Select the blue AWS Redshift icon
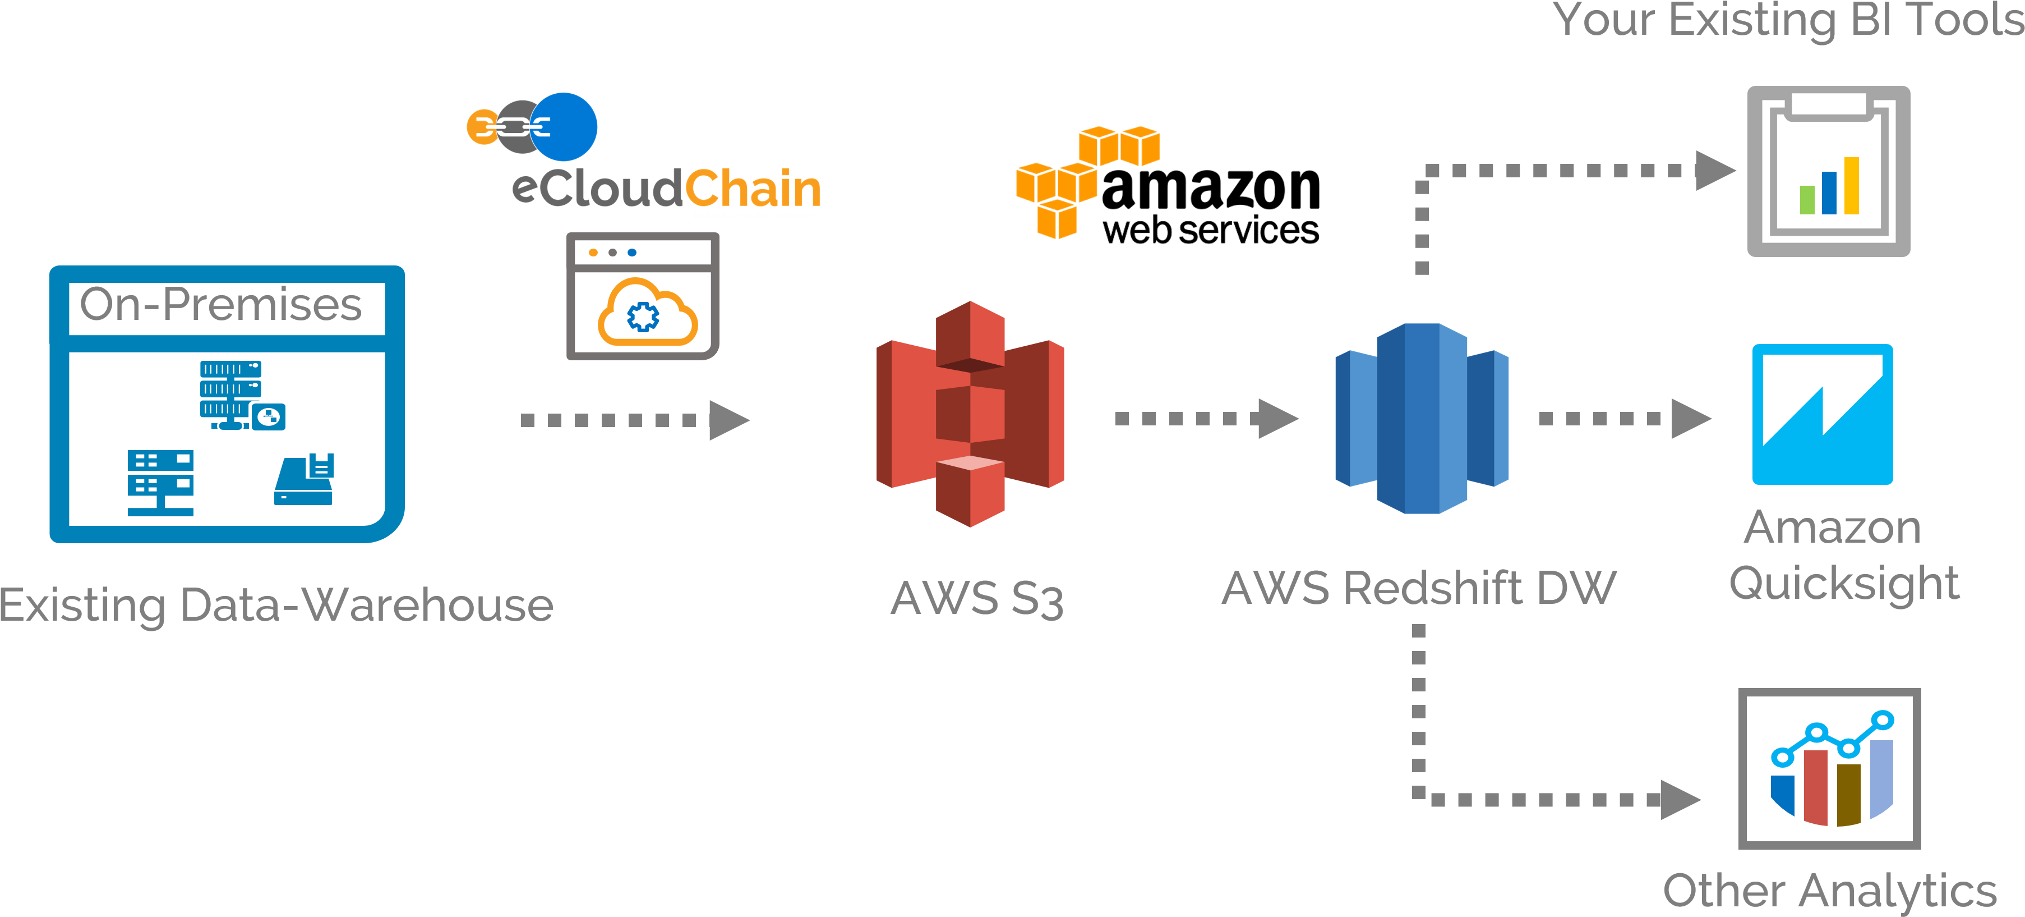point(1421,419)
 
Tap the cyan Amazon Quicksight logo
point(1822,415)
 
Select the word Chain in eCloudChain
point(753,190)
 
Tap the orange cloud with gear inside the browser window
point(646,314)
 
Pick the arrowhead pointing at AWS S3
point(727,420)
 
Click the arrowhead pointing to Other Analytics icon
point(1678,800)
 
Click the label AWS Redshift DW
point(1419,588)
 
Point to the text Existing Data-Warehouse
point(276,606)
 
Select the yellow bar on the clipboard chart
point(1851,186)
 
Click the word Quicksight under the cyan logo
point(1843,583)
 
